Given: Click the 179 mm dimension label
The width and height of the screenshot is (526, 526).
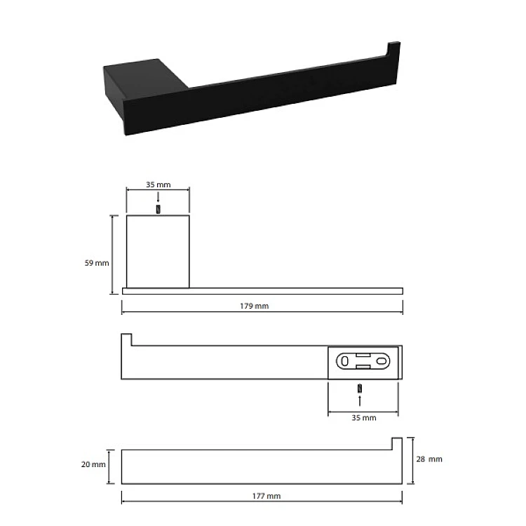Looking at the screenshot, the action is click(x=255, y=306).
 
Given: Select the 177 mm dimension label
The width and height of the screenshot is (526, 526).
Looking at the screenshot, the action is click(x=267, y=496).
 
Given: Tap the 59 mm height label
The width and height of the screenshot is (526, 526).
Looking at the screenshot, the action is click(x=97, y=263).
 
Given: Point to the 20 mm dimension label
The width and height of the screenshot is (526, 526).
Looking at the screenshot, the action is click(x=93, y=464).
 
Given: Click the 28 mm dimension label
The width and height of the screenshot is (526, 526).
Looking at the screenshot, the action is click(x=429, y=459).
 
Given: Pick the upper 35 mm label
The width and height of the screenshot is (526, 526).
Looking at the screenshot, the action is click(x=159, y=184).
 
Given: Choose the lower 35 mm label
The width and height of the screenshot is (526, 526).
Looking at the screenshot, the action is click(x=364, y=418).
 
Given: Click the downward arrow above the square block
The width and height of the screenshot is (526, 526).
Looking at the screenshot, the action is click(x=159, y=197).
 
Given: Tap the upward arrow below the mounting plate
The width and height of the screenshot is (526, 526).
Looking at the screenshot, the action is click(x=360, y=400).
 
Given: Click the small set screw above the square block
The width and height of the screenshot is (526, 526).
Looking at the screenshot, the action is click(x=159, y=209).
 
